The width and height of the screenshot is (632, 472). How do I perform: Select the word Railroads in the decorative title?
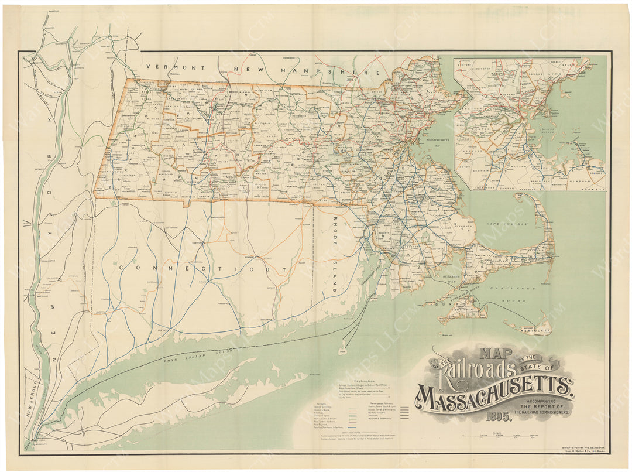coord(480,371)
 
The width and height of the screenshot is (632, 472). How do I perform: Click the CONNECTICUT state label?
coord(202,267)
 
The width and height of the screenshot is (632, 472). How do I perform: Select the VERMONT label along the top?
coord(176,67)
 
